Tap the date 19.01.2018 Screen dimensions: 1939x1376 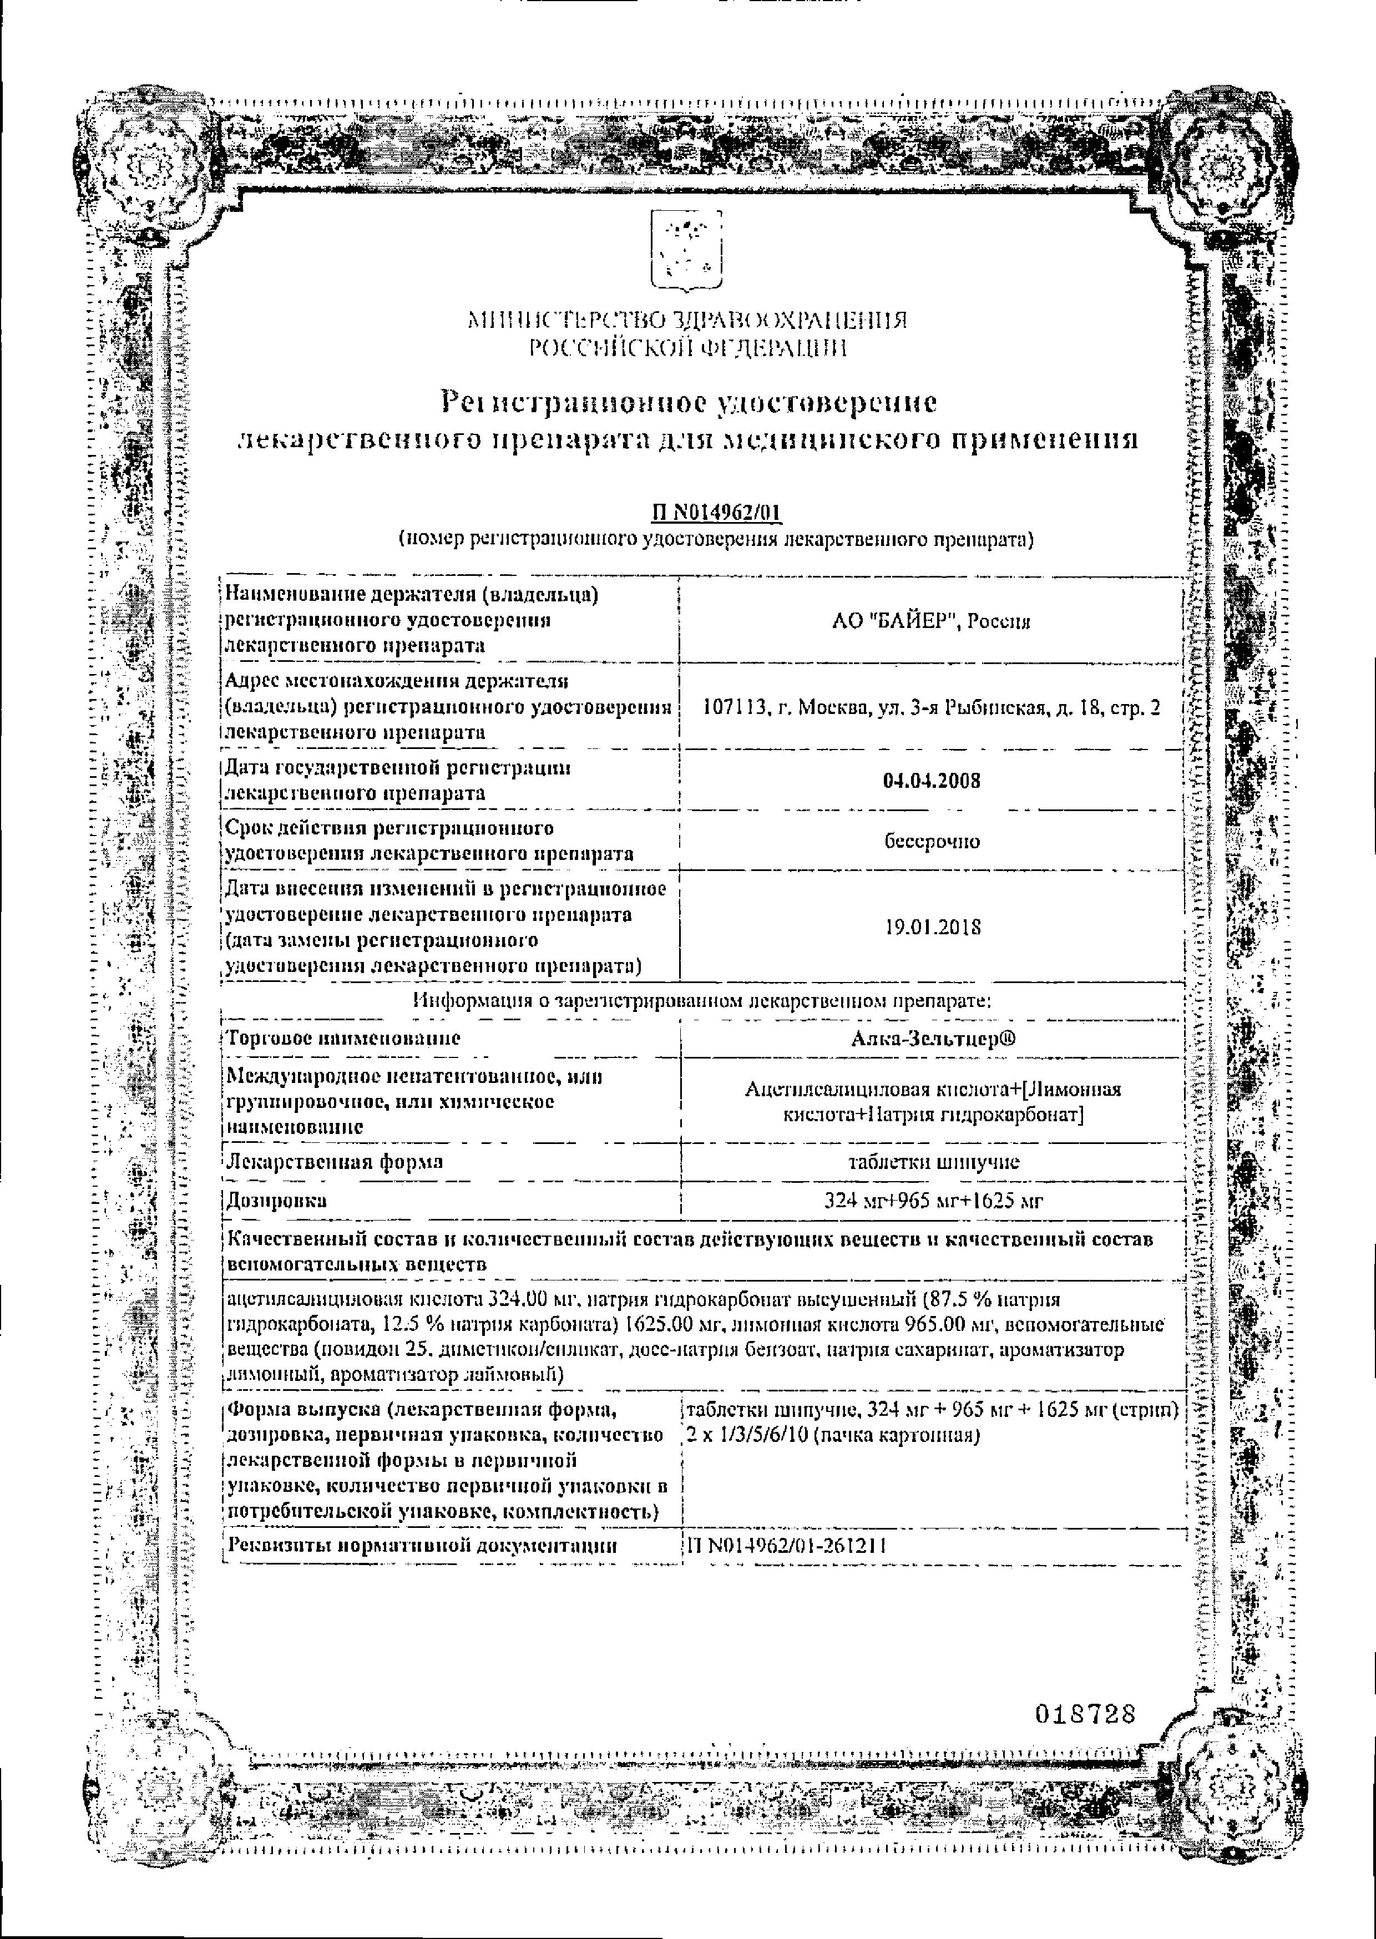(x=932, y=927)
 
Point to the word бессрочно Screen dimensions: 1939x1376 (x=932, y=841)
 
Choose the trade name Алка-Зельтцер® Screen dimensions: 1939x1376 (x=932, y=1039)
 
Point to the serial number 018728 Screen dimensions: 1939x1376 (x=1085, y=1714)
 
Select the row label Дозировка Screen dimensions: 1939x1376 (x=276, y=1201)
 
